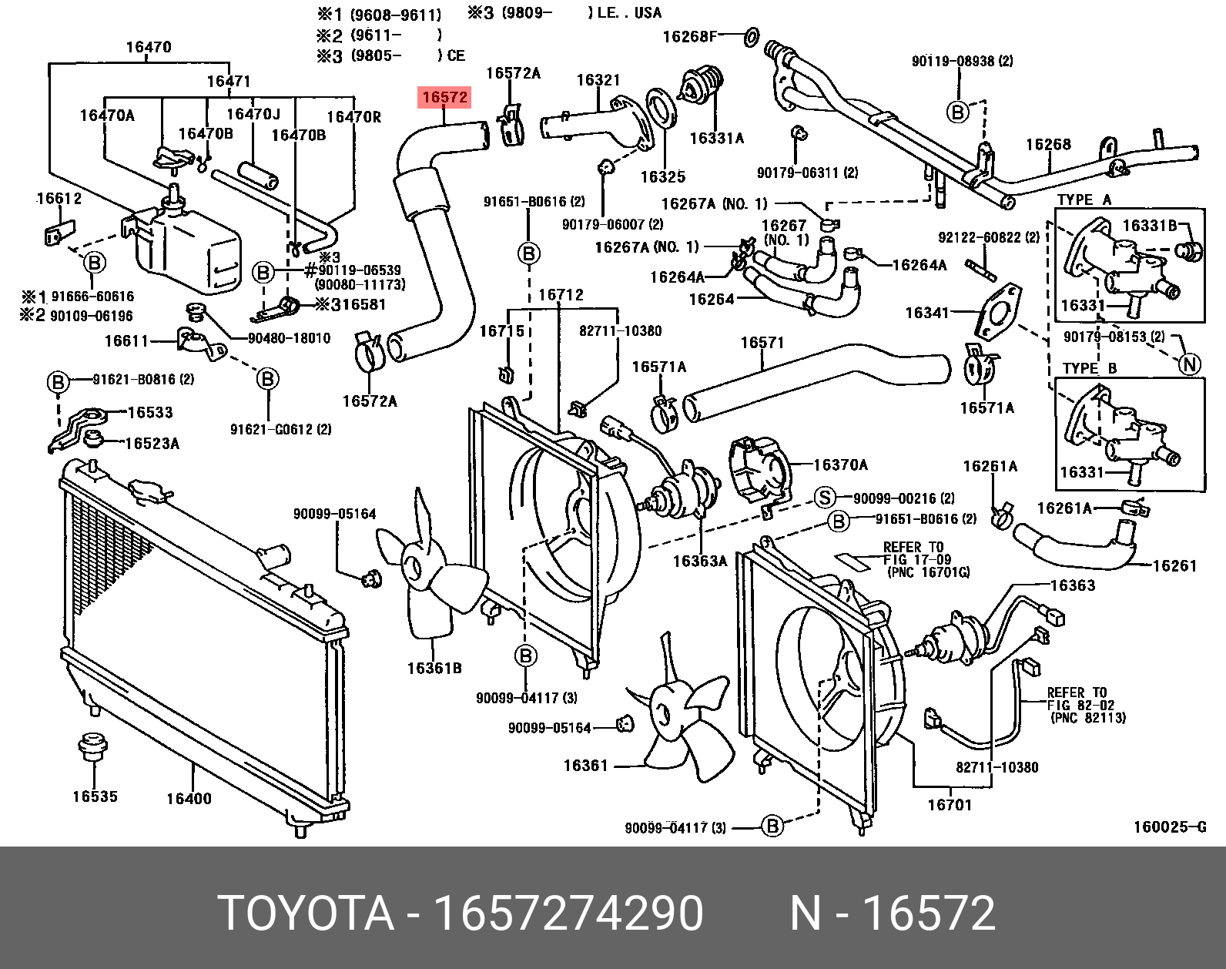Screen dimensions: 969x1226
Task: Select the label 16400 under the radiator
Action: (189, 799)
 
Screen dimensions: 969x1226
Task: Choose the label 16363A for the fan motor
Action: (699, 562)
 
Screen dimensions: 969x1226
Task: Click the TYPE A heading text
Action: (1084, 199)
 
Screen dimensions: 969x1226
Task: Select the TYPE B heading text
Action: (1089, 368)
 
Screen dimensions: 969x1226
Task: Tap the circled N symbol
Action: (1190, 364)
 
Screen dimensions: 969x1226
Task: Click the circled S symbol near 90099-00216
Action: (825, 498)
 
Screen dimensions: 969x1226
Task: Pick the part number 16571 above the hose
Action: (762, 343)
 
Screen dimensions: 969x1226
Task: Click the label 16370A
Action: (840, 464)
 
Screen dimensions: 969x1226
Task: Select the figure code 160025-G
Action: (1169, 828)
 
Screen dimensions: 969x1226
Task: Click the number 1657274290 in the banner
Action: (568, 914)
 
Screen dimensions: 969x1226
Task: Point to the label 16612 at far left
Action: (59, 199)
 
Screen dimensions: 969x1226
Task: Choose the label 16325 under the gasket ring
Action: (662, 177)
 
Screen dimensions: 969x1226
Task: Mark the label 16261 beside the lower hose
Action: (1174, 566)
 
